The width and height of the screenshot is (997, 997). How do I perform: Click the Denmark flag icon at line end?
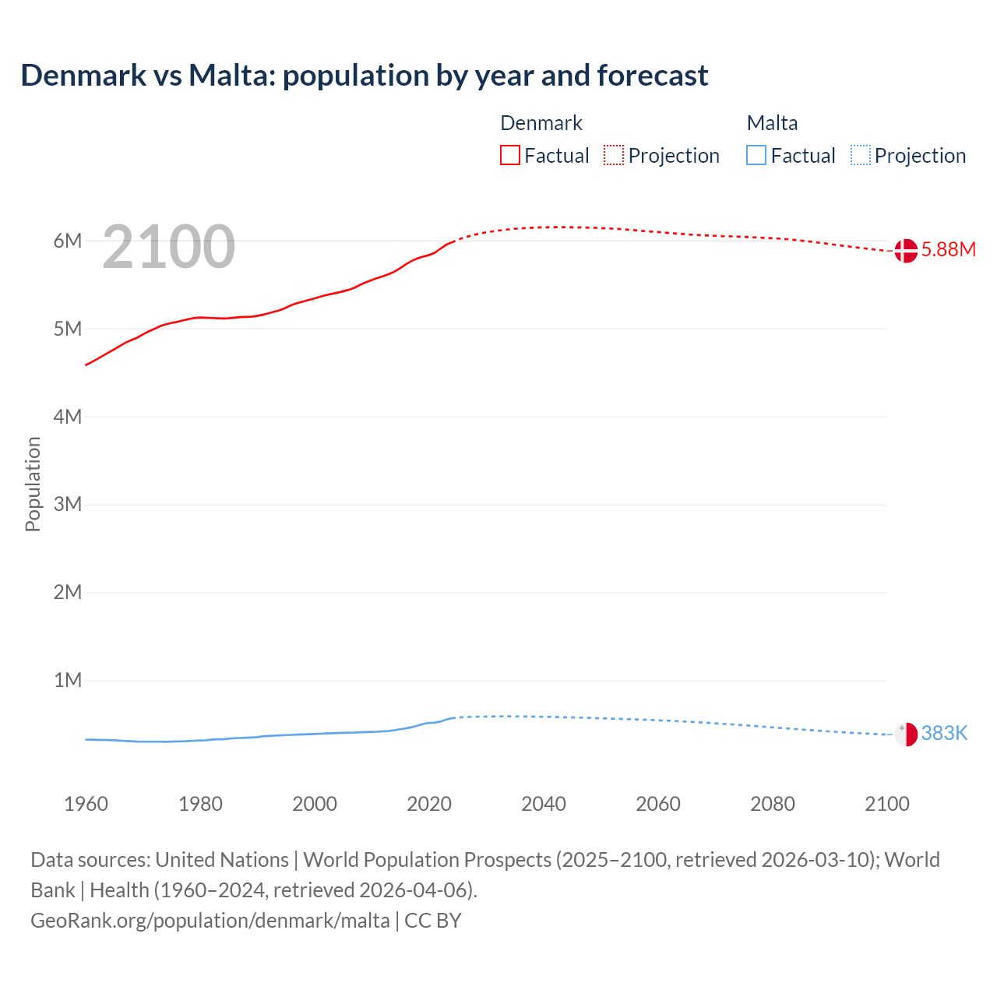tap(906, 251)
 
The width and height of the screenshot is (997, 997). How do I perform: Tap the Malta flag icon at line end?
tap(906, 735)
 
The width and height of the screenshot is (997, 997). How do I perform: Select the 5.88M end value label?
tap(948, 249)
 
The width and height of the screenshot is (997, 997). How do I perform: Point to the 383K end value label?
tap(944, 733)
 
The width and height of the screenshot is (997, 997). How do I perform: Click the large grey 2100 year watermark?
tap(168, 247)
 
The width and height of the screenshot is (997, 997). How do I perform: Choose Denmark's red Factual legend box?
tap(510, 155)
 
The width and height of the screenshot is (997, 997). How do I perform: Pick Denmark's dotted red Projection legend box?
tap(614, 155)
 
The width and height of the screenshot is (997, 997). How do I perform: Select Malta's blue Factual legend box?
tap(756, 155)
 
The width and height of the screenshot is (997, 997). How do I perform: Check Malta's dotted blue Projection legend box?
tap(861, 155)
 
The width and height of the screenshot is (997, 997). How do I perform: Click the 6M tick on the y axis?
tap(68, 241)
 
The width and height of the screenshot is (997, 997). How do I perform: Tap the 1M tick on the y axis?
tap(68, 680)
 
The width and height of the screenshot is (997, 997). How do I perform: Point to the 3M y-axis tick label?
tap(68, 504)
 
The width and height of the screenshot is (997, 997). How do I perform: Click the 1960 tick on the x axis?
tap(86, 804)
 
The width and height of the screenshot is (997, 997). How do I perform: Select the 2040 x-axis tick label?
tap(544, 804)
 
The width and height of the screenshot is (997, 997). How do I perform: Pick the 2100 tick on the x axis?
tap(886, 804)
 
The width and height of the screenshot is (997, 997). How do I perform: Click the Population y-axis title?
tap(33, 484)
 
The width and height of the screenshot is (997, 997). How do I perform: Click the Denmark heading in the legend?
tap(541, 123)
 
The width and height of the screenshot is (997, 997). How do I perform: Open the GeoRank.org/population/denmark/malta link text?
tap(210, 921)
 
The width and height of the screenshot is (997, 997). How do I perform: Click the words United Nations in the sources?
tap(222, 860)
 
